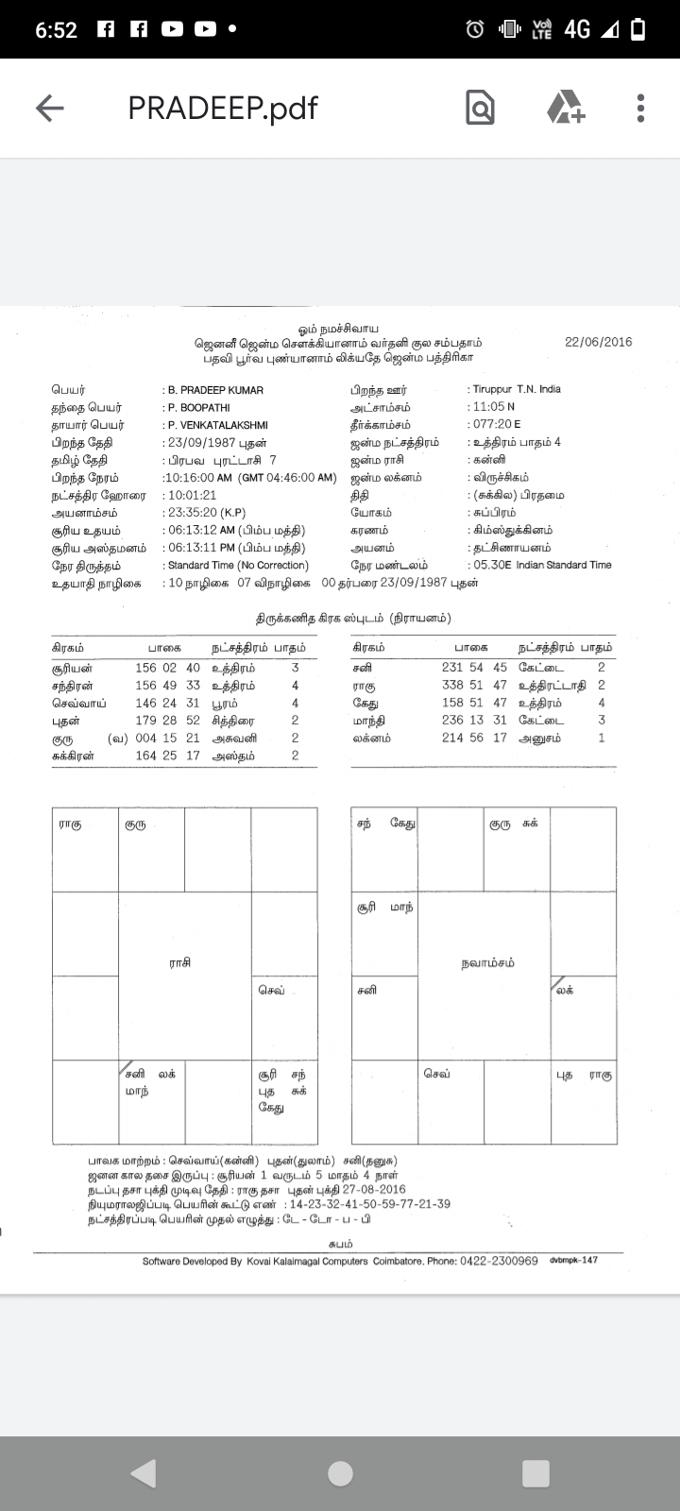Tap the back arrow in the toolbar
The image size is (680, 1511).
click(x=49, y=109)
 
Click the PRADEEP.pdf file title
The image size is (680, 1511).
click(x=223, y=109)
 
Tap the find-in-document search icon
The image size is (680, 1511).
click(x=480, y=109)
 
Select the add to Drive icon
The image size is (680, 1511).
click(x=566, y=108)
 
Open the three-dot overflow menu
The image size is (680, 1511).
click(x=640, y=109)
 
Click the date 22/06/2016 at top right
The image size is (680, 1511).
click(x=598, y=342)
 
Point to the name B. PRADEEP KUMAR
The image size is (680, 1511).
click(x=215, y=390)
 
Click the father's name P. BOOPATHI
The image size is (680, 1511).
click(x=199, y=408)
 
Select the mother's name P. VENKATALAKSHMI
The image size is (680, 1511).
click(x=218, y=425)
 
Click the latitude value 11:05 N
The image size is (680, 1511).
click(x=494, y=407)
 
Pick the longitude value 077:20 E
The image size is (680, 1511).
click(x=497, y=425)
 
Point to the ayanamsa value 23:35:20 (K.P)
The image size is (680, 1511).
click(x=207, y=513)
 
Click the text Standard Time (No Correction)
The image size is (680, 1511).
click(x=238, y=566)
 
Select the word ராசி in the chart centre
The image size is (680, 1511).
click(x=179, y=962)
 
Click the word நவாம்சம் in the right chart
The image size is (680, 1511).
click(x=488, y=962)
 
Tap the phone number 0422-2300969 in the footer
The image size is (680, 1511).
click(x=499, y=1261)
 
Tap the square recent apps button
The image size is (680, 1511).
click(x=535, y=1473)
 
